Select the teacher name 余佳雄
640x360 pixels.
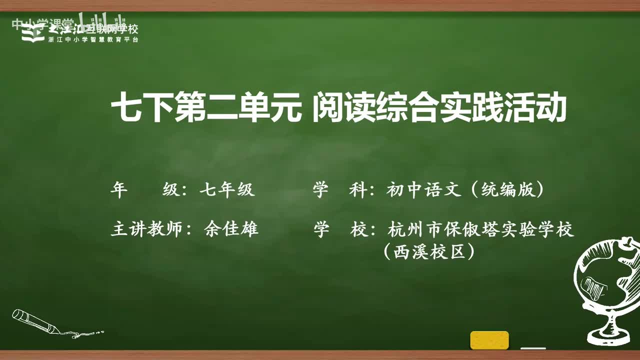tap(231, 229)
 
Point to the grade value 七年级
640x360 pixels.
tap(227, 190)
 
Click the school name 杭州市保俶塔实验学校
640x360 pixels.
tap(480, 229)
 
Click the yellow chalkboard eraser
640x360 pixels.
tap(489, 340)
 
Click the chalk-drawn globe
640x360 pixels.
tap(605, 280)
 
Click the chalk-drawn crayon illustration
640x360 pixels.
tap(40, 322)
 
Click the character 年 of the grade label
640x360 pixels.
tap(119, 190)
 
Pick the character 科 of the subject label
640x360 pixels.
tap(357, 190)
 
